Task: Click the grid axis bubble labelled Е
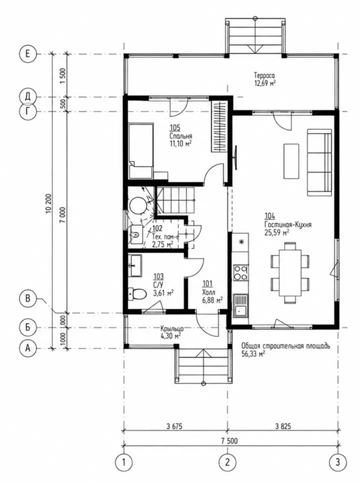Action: coord(28,54)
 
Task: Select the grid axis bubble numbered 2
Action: coord(227,462)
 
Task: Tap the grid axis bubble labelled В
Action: coord(28,299)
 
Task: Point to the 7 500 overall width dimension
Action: coord(229,441)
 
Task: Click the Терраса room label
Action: coord(264,75)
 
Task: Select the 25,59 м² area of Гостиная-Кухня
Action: coord(277,232)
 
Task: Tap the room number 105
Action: coord(175,128)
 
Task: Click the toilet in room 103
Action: coord(137,294)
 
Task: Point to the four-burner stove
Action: coord(240,273)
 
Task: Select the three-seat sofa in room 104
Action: coord(319,163)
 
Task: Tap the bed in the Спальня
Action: coord(141,151)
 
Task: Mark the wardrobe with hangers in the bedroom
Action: coord(219,126)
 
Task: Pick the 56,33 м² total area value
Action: coord(253,354)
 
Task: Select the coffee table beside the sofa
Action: coord(291,161)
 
